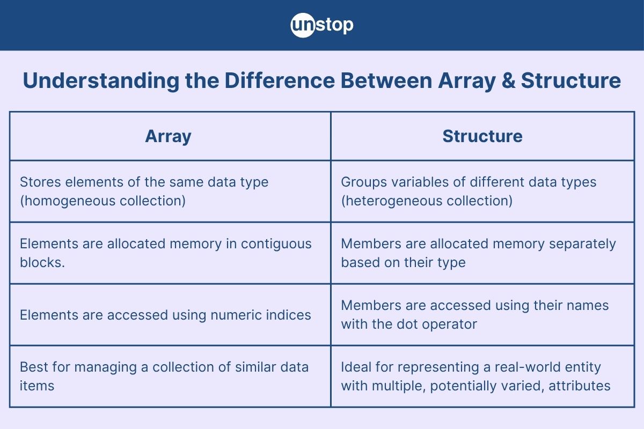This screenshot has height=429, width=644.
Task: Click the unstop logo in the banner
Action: pos(322,25)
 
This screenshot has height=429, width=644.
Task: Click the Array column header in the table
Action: pos(168,136)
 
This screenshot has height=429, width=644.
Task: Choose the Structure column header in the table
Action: pos(482,136)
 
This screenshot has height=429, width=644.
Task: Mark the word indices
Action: pos(289,315)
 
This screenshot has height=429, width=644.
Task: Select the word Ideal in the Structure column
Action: pos(356,367)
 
